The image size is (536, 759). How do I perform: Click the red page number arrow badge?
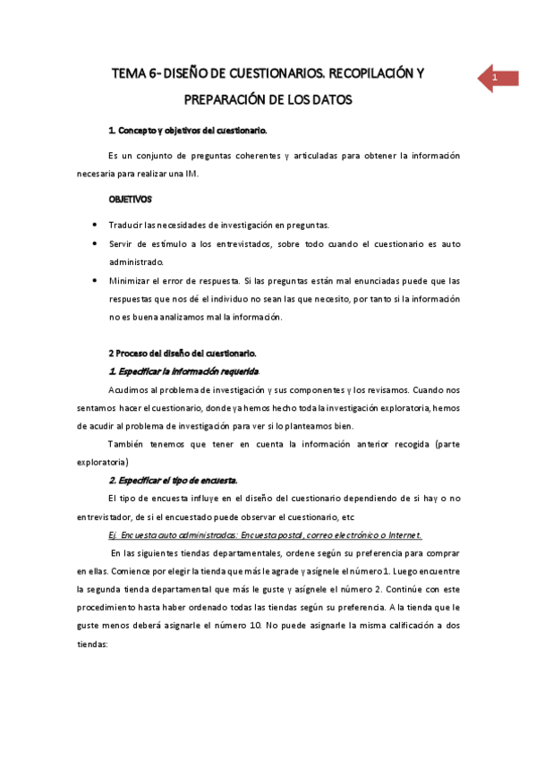point(495,79)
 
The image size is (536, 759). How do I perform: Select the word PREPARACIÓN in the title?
point(228,100)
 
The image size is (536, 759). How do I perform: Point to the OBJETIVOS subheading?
point(130,199)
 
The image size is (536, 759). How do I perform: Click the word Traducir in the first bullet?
point(127,224)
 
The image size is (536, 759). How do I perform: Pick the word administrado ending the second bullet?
point(137,261)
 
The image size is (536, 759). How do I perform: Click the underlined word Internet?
point(404,535)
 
